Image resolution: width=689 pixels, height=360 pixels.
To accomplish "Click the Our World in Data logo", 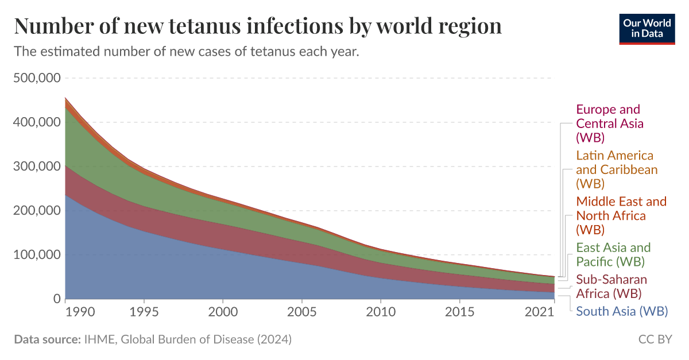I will click(x=647, y=27).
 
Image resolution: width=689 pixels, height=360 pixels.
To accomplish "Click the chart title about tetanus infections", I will click(x=258, y=26).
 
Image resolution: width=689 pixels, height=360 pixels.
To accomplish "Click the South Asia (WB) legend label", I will click(x=621, y=311).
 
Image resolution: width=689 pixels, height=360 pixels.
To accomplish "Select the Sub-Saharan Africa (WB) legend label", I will click(x=611, y=287).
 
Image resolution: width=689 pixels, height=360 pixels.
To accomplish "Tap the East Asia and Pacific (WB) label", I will click(x=613, y=254).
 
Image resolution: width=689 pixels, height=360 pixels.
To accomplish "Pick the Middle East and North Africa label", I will click(x=621, y=215).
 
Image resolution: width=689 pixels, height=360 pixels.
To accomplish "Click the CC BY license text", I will click(x=655, y=339).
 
